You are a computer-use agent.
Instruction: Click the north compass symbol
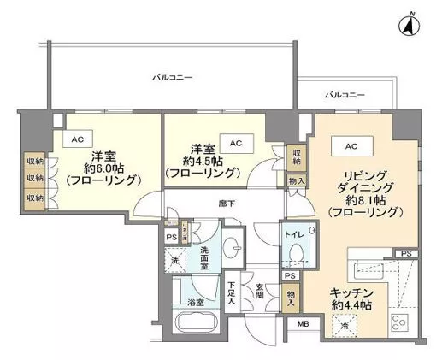point(410,26)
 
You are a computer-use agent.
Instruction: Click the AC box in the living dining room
point(351,146)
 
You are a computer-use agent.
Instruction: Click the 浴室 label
point(196,302)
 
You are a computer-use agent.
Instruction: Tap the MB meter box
point(303,323)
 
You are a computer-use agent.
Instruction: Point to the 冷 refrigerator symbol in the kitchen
point(343,324)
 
